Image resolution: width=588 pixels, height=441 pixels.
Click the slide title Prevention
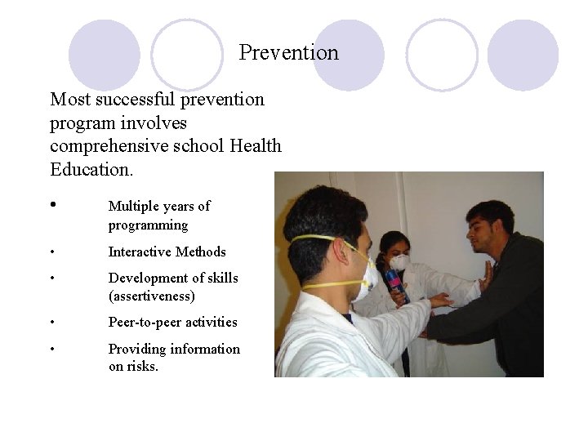288,53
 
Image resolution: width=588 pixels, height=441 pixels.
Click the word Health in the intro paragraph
256,146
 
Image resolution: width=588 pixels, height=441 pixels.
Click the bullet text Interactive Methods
167,252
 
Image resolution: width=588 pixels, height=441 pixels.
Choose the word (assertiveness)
151,296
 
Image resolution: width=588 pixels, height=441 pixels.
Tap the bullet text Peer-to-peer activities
172,322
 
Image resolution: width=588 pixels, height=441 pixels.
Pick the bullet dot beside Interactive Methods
53,252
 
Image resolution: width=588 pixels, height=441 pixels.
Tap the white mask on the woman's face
400,262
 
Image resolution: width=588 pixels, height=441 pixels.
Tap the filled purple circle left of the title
104,55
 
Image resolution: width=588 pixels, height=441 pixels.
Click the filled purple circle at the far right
523,55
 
